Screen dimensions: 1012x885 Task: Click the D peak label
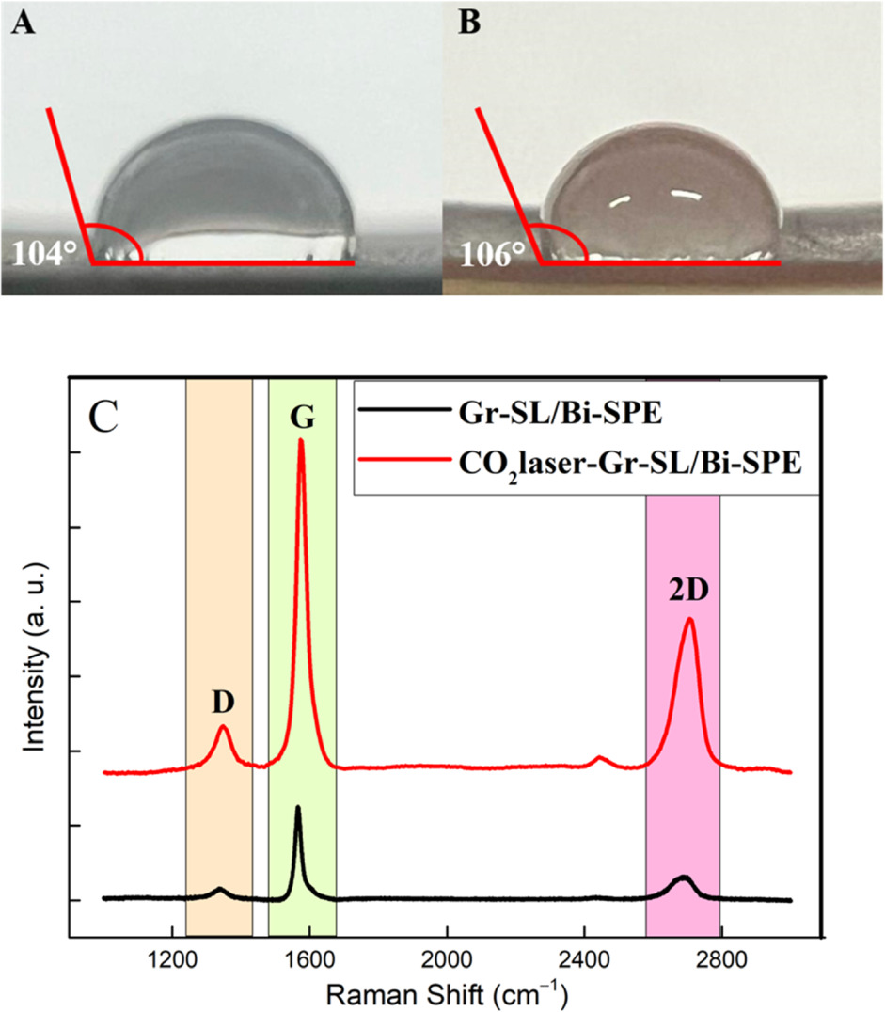coord(222,702)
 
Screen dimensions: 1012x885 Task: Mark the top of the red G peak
coord(301,440)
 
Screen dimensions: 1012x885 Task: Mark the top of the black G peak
coord(298,807)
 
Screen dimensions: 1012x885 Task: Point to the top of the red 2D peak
coord(690,618)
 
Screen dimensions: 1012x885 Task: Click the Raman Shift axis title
coord(447,992)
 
